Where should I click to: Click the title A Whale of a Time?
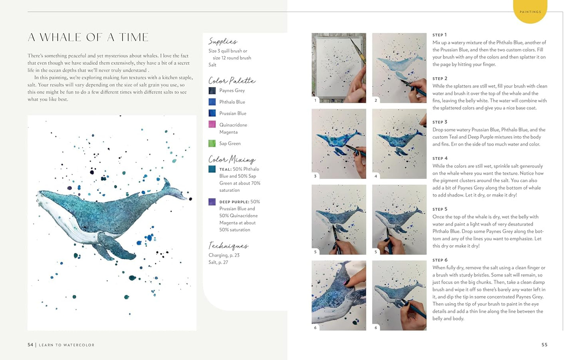coord(88,38)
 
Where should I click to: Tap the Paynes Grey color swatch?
coord(212,91)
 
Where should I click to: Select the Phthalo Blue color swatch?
coord(212,102)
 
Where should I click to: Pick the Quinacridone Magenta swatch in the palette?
coord(212,124)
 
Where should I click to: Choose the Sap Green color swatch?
coord(212,143)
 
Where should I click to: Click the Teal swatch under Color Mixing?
coord(212,169)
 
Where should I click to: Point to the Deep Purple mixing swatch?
coord(212,202)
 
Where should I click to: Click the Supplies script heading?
coord(222,42)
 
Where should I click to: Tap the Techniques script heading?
coord(228,246)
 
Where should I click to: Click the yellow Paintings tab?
coord(530,12)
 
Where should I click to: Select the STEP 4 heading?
coord(440,159)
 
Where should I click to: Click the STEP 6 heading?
coord(440,260)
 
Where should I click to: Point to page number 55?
coord(544,345)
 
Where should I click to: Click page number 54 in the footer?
coord(30,345)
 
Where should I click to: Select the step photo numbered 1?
coord(339,68)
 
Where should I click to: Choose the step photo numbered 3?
coord(339,144)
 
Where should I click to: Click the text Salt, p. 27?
coord(218,263)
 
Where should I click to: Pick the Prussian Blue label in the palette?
coord(233,113)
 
